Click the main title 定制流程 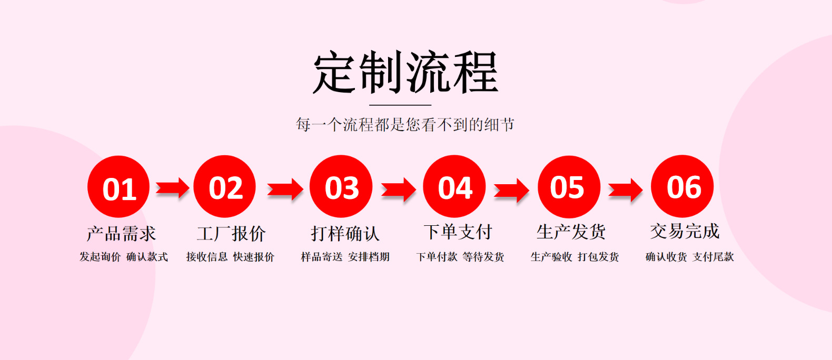[x=405, y=73]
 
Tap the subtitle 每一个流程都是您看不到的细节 [x=405, y=125]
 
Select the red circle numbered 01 [x=119, y=187]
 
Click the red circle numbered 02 [x=225, y=186]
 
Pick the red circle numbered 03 [x=341, y=186]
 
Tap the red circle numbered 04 [x=454, y=186]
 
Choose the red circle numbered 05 [x=569, y=187]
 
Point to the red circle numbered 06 [x=682, y=186]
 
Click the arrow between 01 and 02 [x=173, y=188]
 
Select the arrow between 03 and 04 [x=399, y=189]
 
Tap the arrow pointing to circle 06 [x=626, y=190]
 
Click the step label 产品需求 [x=122, y=233]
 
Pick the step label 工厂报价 [x=231, y=233]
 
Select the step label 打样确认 [x=345, y=233]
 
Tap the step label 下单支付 [x=458, y=232]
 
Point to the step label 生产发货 [x=571, y=232]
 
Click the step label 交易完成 [x=685, y=231]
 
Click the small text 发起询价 [x=100, y=257]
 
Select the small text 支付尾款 [x=713, y=257]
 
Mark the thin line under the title [x=400, y=105]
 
